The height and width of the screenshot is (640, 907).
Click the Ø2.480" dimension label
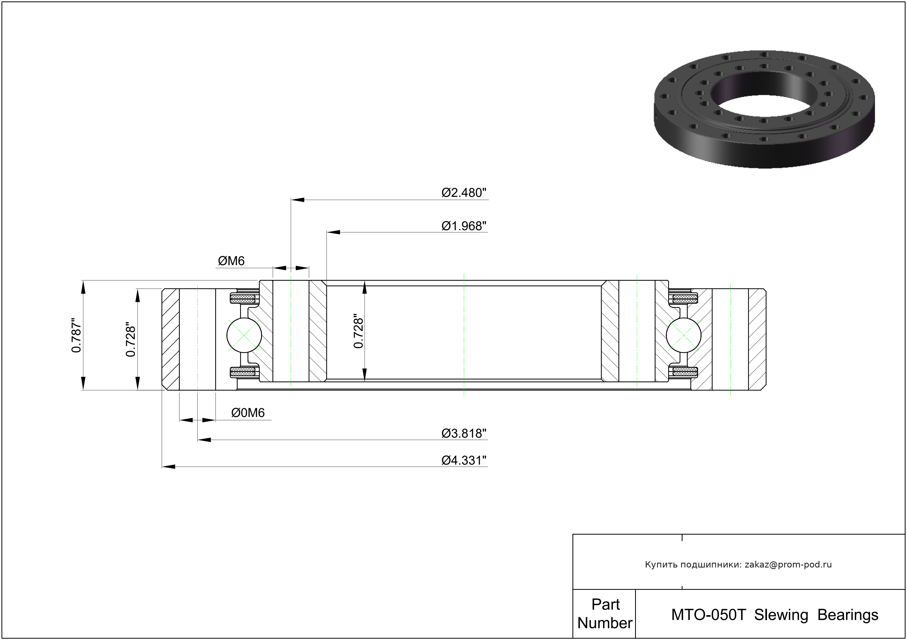tap(464, 193)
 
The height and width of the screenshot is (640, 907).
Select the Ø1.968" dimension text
tap(464, 226)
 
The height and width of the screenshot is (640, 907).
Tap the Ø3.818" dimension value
tap(464, 434)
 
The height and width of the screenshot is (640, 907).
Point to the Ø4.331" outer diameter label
tap(464, 460)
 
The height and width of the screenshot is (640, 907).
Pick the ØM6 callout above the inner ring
tap(231, 261)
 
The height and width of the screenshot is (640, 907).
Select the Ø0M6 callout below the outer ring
tap(248, 412)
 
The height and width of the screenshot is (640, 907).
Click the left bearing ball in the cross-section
tap(244, 335)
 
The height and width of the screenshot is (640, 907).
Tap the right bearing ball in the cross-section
tap(683, 335)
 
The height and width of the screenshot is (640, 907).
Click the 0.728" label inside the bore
tap(358, 331)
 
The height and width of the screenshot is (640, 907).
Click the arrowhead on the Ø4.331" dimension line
tap(168, 467)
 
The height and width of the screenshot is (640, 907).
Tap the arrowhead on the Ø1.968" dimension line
tap(333, 232)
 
